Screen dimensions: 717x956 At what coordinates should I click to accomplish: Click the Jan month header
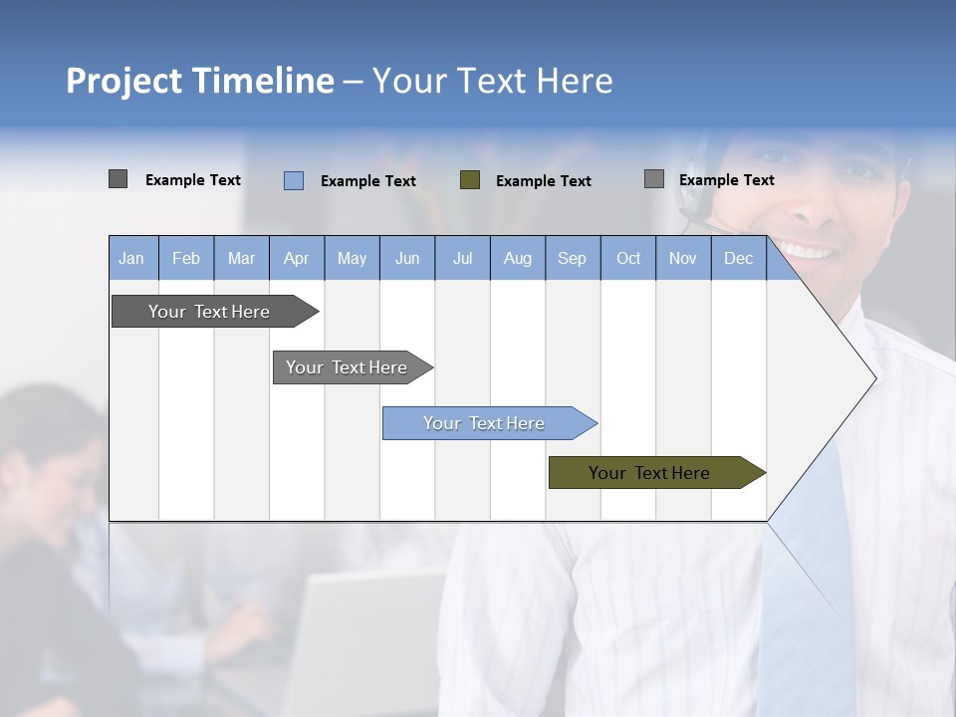click(x=131, y=258)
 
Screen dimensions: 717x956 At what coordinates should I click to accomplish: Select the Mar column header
click(x=241, y=258)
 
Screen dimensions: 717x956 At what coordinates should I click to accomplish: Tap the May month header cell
click(x=352, y=258)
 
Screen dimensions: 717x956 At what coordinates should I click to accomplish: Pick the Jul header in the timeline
click(x=462, y=258)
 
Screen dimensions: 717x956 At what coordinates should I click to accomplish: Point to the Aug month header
click(x=517, y=258)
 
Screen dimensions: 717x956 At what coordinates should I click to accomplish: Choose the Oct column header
click(x=628, y=258)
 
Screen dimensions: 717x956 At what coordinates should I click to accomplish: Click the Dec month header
click(x=738, y=258)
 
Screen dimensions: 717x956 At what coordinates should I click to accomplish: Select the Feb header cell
click(x=186, y=258)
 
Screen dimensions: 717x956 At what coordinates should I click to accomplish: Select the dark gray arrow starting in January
click(x=210, y=312)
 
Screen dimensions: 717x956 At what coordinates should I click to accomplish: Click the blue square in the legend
click(x=294, y=180)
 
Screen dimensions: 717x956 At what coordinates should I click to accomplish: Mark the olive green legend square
click(x=470, y=180)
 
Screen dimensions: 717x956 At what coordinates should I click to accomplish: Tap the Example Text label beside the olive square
click(x=543, y=181)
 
